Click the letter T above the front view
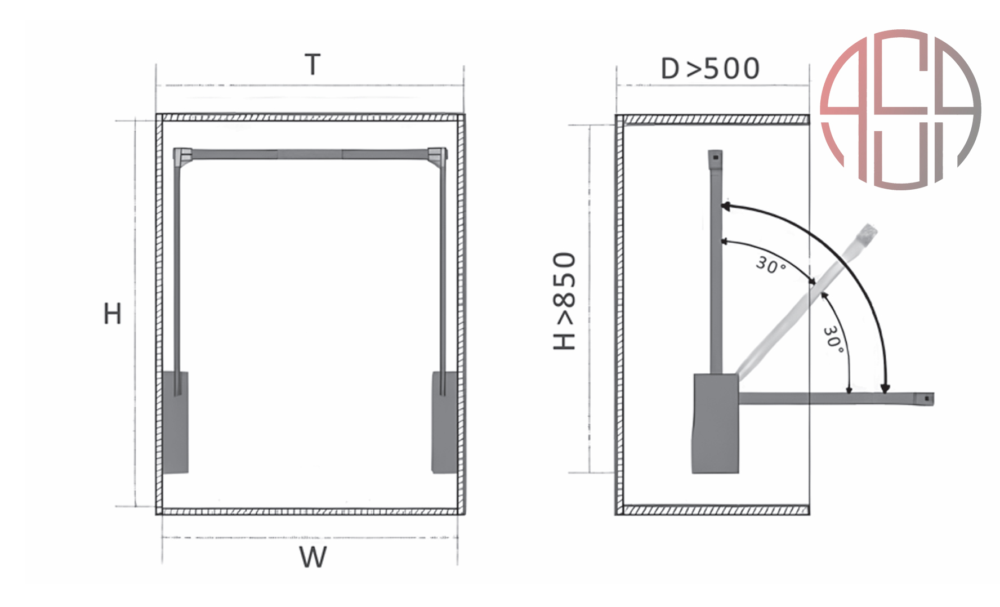pyautogui.click(x=312, y=65)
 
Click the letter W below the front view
pyautogui.click(x=313, y=557)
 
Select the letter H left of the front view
pyautogui.click(x=113, y=314)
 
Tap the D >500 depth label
pyautogui.click(x=711, y=69)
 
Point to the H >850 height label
pyautogui.click(x=565, y=301)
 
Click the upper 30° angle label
pyautogui.click(x=771, y=265)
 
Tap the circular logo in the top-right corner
pyautogui.click(x=901, y=110)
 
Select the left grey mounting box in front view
pyautogui.click(x=175, y=422)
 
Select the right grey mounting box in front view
pyautogui.click(x=445, y=422)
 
